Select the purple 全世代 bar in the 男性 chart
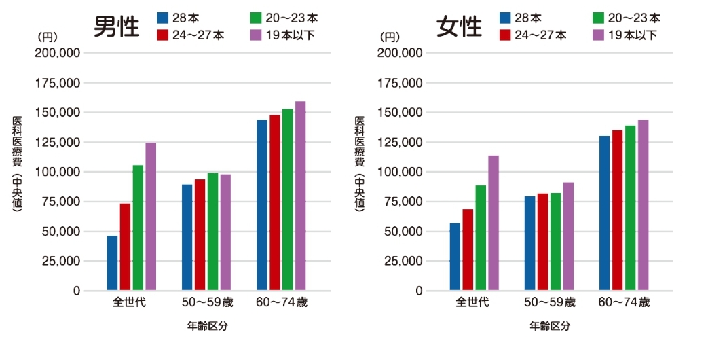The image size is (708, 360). click(x=151, y=217)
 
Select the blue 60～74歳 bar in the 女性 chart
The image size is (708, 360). click(x=604, y=213)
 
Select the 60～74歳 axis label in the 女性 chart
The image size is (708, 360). click(x=624, y=302)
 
